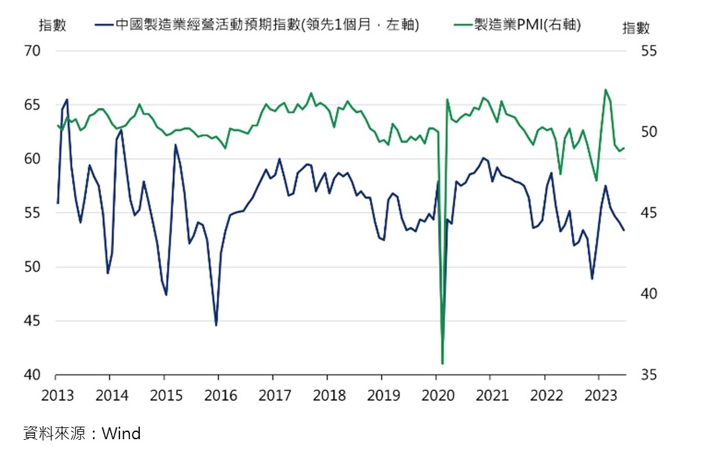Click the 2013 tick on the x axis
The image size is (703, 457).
tap(57, 396)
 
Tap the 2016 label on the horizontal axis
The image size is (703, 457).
tap(220, 396)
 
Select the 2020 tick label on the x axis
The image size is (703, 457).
tap(438, 396)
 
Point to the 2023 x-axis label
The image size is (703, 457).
tap(601, 396)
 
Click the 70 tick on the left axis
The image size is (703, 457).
tap(33, 51)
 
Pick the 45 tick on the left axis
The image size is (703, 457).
tap(33, 321)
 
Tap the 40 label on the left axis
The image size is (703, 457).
tap(33, 375)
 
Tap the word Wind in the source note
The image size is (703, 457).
tap(121, 433)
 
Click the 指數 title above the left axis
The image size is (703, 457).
tap(52, 25)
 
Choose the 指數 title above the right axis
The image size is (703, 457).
tap(636, 28)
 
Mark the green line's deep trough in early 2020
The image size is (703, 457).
tap(442, 363)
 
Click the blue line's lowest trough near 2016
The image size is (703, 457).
tap(216, 325)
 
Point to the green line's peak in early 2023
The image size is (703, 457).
tap(605, 90)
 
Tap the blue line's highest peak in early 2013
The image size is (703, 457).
tap(67, 100)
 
